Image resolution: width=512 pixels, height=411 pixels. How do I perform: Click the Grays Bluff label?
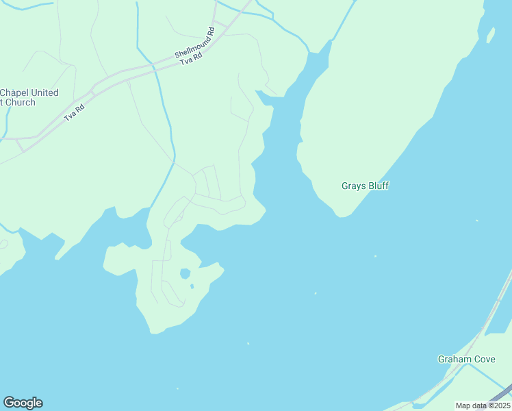(x=365, y=186)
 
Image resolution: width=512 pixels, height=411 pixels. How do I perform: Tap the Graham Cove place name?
(x=465, y=359)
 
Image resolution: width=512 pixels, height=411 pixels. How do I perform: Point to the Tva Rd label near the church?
(x=74, y=112)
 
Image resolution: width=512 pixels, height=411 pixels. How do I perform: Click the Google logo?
(x=23, y=403)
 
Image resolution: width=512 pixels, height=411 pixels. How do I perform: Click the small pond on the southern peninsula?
(x=184, y=273)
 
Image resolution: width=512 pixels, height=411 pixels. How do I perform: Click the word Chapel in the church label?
(x=16, y=92)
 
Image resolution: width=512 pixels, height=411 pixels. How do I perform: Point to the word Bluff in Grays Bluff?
(x=377, y=186)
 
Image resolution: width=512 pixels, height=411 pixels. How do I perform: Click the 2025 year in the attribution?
(x=500, y=406)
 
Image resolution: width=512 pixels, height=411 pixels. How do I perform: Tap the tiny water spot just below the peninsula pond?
(x=192, y=286)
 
